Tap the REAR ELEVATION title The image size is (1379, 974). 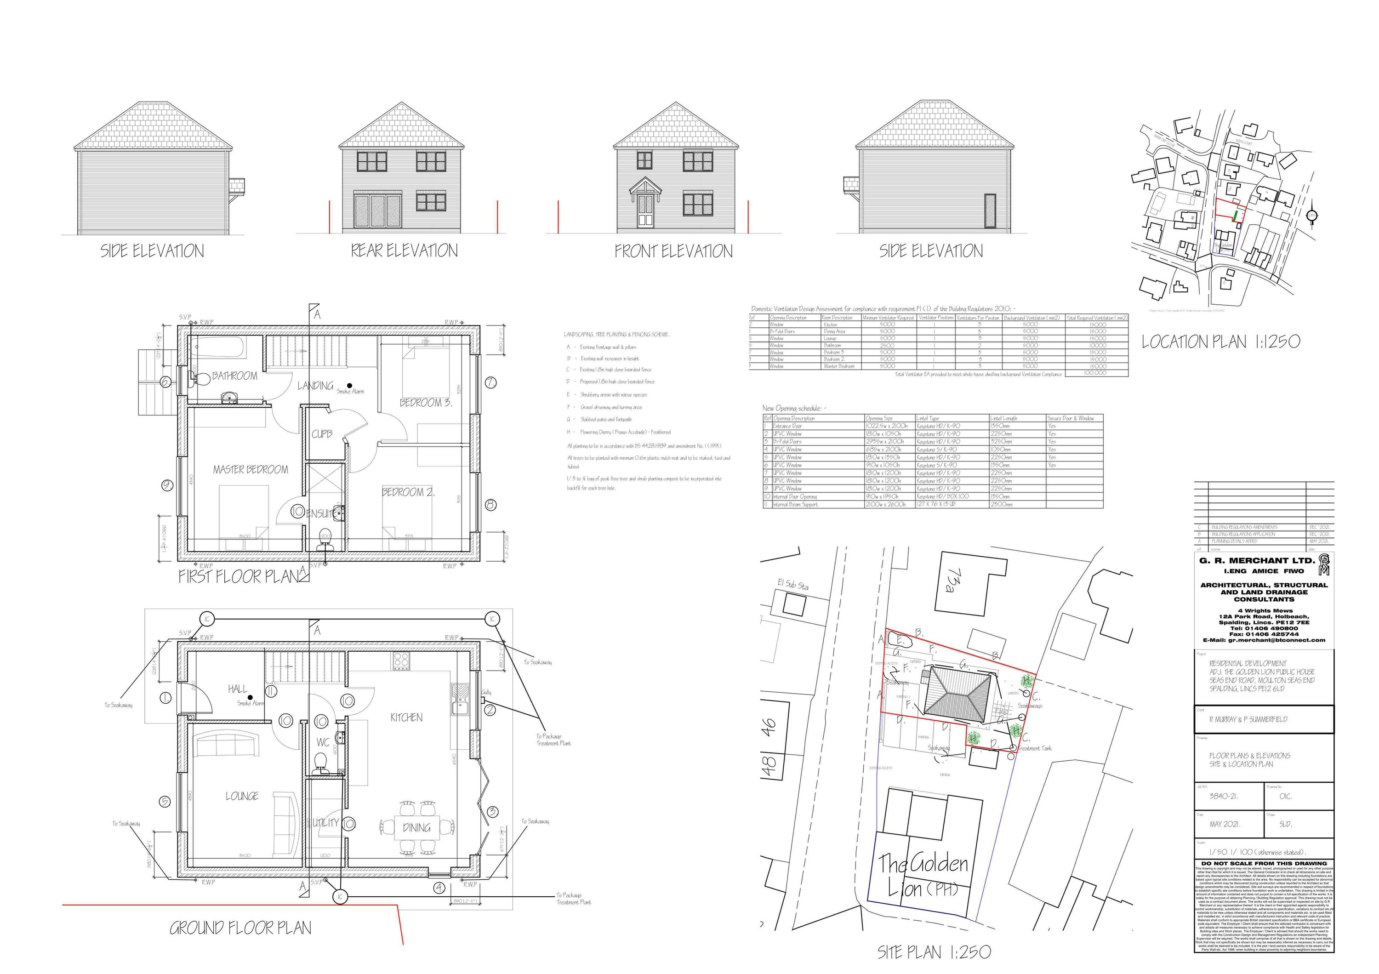click(404, 251)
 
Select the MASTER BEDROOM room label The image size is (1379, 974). click(250, 470)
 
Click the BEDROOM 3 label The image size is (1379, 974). click(425, 403)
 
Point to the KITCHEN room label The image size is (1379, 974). click(406, 718)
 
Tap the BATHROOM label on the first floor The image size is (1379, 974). click(234, 376)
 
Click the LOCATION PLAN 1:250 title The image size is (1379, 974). click(1220, 342)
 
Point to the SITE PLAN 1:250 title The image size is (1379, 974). click(934, 952)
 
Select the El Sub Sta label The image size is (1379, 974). click(793, 584)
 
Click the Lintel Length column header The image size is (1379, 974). click(1003, 418)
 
